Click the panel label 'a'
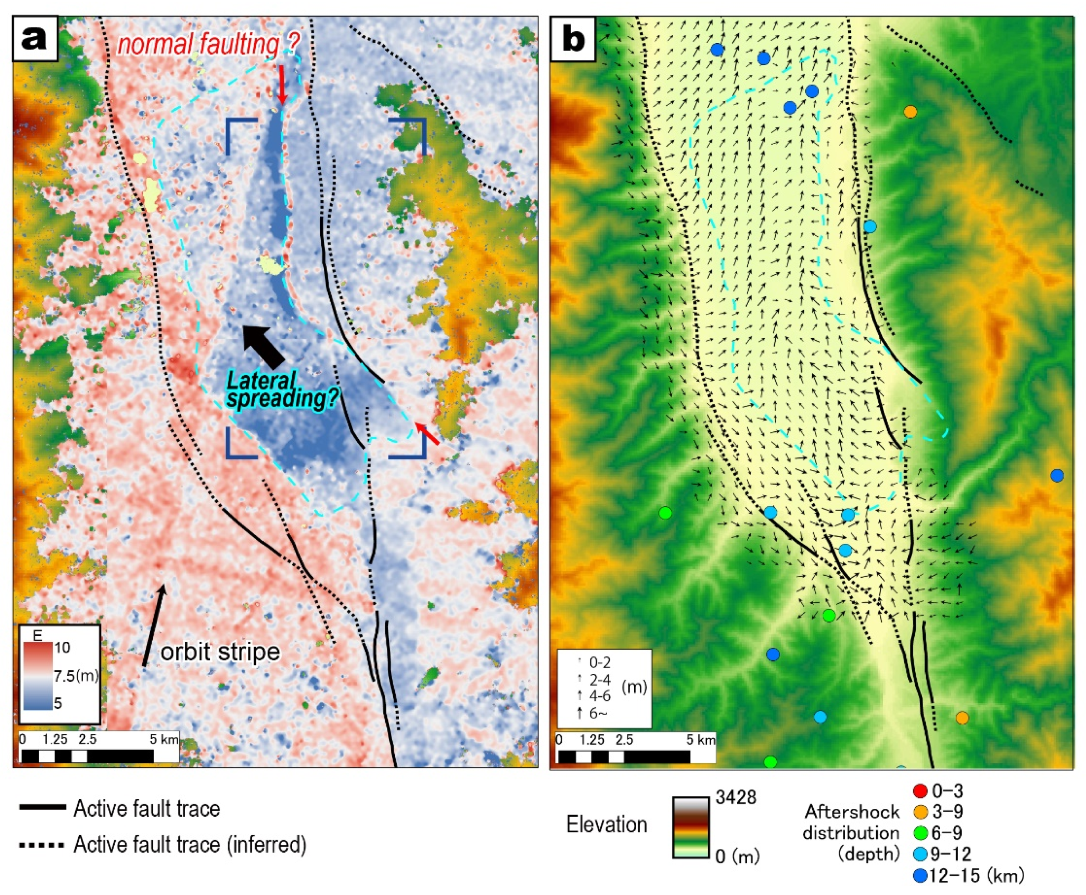[34, 38]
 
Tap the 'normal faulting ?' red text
[207, 45]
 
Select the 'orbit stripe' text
[220, 652]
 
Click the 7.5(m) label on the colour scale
[76, 676]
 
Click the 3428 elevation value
[736, 798]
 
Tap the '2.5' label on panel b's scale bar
[624, 740]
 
